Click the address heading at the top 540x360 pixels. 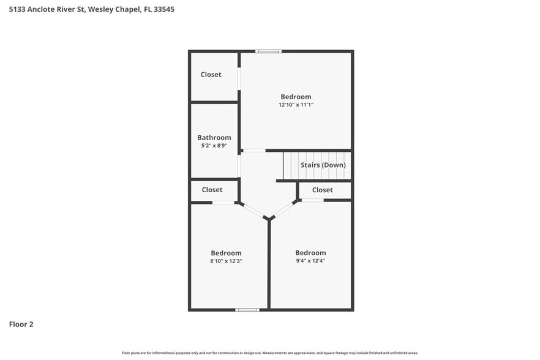click(x=87, y=10)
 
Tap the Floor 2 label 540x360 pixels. click(x=21, y=324)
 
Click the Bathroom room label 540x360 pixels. click(x=214, y=138)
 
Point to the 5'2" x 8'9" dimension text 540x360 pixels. click(x=214, y=146)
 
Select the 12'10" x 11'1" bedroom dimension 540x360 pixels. click(x=296, y=105)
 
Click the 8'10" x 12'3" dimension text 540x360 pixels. click(x=226, y=261)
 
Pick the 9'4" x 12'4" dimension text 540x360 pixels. click(x=310, y=261)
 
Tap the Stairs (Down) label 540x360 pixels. click(x=323, y=165)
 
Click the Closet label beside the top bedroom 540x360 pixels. click(x=211, y=75)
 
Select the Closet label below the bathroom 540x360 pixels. click(x=212, y=190)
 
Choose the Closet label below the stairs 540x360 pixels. click(x=323, y=190)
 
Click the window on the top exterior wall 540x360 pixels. click(x=269, y=51)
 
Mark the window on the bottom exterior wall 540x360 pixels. click(x=247, y=309)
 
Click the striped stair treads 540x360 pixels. click(x=291, y=165)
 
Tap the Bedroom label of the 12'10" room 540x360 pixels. click(x=296, y=97)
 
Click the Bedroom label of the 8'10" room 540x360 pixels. click(x=226, y=253)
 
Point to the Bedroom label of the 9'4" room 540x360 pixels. click(x=310, y=253)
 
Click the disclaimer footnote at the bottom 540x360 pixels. click(x=270, y=353)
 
